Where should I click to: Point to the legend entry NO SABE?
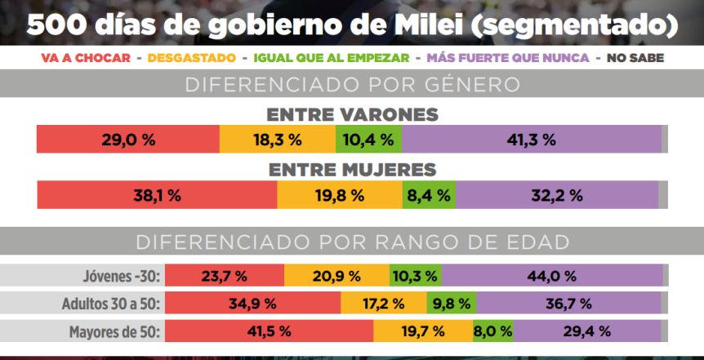click(635, 58)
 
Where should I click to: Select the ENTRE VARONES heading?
click(352, 115)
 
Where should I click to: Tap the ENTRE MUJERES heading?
click(352, 170)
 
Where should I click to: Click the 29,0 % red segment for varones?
click(128, 140)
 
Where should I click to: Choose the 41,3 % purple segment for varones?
click(531, 140)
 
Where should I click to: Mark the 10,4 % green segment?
click(368, 140)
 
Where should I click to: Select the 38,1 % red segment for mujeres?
click(157, 195)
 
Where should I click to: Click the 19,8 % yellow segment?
click(340, 195)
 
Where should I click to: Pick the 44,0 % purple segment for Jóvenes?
click(551, 276)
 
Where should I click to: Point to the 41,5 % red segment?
click(269, 331)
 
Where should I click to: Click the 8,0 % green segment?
click(493, 331)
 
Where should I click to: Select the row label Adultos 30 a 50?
click(111, 304)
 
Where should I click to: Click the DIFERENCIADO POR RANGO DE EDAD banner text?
click(352, 242)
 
